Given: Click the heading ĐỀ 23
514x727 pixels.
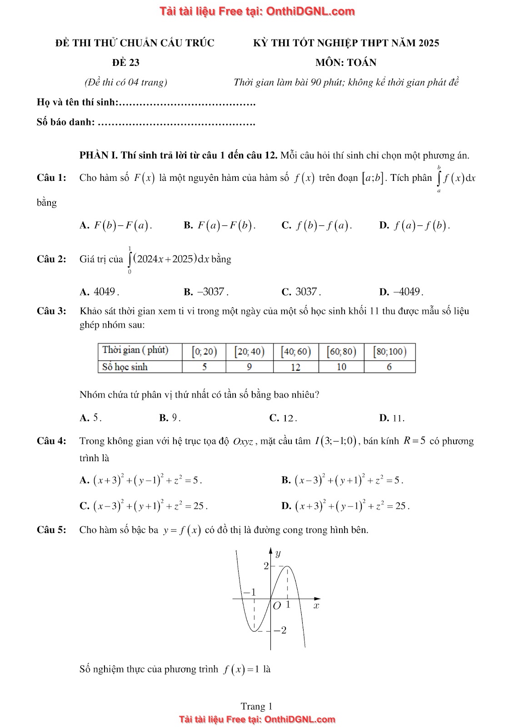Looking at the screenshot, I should [126, 63].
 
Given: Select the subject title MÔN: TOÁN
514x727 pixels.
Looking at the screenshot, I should [346, 63].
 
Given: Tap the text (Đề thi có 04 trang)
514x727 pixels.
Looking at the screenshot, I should [126, 82].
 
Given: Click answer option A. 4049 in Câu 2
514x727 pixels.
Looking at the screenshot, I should [100, 292].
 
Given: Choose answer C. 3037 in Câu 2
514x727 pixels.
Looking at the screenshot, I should [301, 292].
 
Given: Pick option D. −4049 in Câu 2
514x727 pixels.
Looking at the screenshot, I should [401, 292].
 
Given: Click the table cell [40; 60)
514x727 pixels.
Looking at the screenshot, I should [296, 352].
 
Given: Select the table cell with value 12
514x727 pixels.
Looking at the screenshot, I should [296, 367].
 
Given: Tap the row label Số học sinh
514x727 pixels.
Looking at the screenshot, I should [125, 367].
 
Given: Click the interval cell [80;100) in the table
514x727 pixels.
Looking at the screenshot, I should [389, 352].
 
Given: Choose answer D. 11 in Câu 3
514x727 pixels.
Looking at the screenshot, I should [392, 418].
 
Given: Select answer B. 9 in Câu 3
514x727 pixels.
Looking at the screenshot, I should [170, 418].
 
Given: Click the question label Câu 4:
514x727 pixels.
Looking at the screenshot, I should [51, 441].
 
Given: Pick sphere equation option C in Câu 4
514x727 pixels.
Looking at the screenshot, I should [144, 506].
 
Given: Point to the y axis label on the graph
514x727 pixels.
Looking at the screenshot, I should [278, 553].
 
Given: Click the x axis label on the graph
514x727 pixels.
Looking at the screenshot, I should [316, 606].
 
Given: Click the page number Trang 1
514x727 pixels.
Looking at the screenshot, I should [257, 706].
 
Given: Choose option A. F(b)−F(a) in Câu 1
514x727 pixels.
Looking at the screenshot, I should [116, 225].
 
